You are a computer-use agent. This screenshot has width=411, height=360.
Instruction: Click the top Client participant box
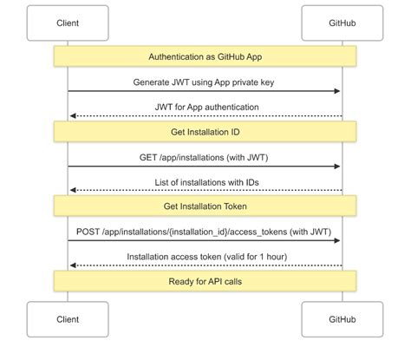(68, 23)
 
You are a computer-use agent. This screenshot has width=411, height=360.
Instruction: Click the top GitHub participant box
(342, 23)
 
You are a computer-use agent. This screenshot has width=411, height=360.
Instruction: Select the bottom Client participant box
(68, 319)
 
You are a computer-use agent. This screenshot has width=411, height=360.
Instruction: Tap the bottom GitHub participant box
(342, 319)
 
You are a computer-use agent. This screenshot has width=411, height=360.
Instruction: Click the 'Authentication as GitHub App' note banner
(205, 56)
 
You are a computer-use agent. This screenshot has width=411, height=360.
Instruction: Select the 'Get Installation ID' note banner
(205, 131)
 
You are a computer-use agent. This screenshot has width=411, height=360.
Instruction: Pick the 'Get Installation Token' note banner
(205, 206)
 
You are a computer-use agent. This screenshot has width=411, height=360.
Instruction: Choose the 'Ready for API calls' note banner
(205, 281)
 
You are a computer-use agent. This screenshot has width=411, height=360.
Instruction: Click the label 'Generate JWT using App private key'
(205, 82)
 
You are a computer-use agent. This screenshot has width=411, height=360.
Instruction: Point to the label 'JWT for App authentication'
(205, 108)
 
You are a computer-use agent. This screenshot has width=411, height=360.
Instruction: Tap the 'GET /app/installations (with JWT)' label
(205, 158)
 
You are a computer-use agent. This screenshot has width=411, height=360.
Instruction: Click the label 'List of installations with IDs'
(205, 183)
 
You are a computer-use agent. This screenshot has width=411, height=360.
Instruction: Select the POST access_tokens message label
(205, 232)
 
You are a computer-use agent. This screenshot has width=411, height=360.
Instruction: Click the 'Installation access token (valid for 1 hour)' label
(205, 258)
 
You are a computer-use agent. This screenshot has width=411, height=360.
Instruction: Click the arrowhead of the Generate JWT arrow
(337, 91)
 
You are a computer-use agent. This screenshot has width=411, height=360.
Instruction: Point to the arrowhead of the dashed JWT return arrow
(73, 115)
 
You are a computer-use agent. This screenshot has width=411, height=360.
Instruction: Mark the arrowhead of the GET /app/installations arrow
(337, 167)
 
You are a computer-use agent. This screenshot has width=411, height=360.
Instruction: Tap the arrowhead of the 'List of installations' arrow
(73, 191)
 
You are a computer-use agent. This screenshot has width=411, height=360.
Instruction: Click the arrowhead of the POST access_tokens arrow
(337, 241)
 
